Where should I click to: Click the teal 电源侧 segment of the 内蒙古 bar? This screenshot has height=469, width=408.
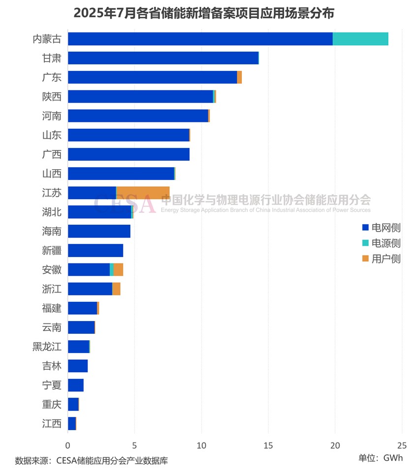point(360,39)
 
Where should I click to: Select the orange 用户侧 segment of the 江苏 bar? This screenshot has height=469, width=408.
point(143,193)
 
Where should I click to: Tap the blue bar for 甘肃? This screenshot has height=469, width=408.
point(163,58)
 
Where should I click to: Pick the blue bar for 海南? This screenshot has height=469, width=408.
point(99,231)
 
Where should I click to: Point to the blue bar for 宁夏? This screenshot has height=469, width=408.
point(76,385)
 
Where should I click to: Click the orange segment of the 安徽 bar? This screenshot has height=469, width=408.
point(118,269)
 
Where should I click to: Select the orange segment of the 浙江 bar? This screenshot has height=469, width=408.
point(117,289)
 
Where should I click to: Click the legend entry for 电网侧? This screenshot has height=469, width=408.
point(381,228)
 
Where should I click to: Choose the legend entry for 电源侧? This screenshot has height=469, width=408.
point(381,243)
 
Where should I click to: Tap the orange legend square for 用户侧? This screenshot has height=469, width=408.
point(365,259)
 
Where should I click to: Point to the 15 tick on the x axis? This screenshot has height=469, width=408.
point(268,445)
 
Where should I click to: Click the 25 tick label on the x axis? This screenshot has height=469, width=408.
point(402,445)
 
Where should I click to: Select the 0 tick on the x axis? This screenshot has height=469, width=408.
point(68,445)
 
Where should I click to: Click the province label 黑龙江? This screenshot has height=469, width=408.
point(47,347)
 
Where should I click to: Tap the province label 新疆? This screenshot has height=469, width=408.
point(52,250)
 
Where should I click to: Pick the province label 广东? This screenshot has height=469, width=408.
point(52,77)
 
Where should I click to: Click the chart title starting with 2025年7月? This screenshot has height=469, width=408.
point(204,13)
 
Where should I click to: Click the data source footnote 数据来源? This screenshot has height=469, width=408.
point(91,461)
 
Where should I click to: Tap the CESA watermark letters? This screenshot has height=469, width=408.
point(125,203)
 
